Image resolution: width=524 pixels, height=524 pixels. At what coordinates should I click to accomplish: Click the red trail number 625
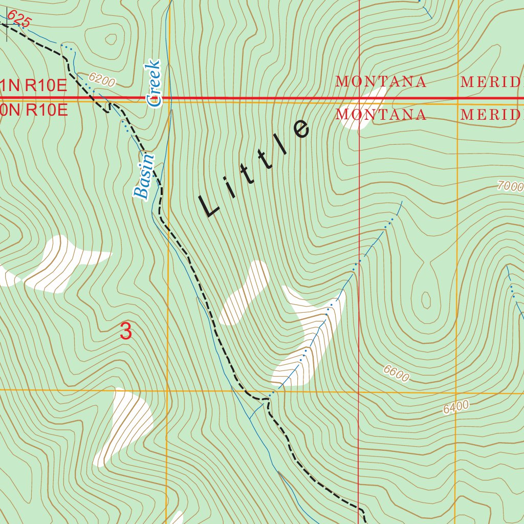click(x=19, y=20)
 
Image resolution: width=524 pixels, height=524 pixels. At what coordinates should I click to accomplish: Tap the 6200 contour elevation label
click(x=102, y=79)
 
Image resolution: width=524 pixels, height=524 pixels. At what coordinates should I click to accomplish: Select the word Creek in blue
click(x=154, y=83)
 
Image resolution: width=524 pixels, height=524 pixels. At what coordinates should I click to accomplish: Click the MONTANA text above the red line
click(x=381, y=82)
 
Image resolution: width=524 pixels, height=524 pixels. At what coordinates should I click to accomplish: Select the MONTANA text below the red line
click(x=381, y=115)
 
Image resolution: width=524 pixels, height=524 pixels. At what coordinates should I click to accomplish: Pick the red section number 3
click(x=125, y=331)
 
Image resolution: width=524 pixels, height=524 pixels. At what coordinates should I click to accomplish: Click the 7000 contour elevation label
click(x=510, y=185)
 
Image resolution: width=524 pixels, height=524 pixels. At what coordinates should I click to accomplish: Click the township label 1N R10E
click(x=34, y=85)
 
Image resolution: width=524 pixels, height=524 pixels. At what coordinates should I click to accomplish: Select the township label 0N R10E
click(x=34, y=110)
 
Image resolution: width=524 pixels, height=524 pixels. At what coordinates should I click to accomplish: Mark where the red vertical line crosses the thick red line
click(x=359, y=98)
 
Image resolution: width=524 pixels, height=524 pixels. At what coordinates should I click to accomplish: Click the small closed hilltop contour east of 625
click(x=111, y=39)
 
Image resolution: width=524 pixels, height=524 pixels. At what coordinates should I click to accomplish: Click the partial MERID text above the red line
click(x=491, y=82)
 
